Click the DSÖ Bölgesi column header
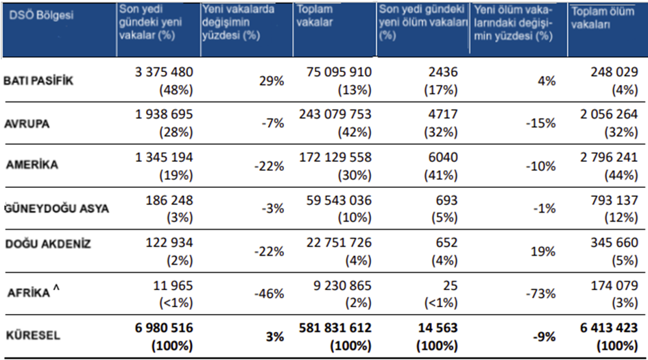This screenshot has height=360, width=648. [40, 14]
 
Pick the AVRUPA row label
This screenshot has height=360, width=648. [28, 125]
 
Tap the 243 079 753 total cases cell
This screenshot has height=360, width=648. [335, 115]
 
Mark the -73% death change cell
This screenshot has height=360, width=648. [540, 293]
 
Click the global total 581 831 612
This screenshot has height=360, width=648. [335, 328]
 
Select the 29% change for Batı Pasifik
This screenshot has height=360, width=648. [272, 81]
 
